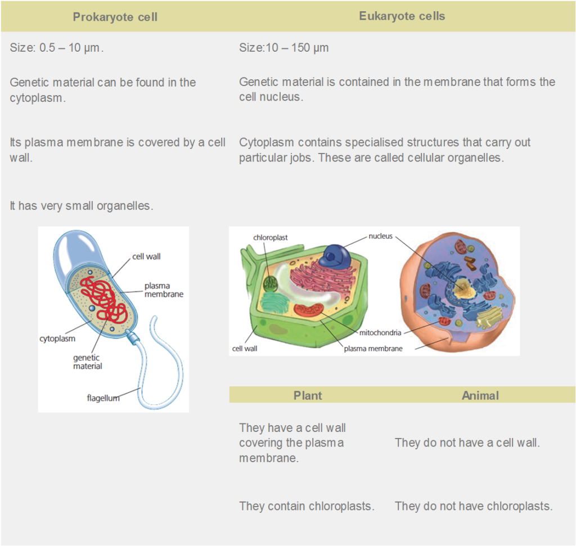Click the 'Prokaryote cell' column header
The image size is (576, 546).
[115, 17]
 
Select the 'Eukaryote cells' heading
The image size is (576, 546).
[402, 16]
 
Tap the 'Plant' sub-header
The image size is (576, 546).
[308, 395]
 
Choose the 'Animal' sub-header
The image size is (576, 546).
[480, 395]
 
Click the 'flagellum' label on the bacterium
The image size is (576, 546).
[103, 398]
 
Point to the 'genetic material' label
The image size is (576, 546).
[87, 362]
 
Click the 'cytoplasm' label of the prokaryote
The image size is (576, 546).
[57, 339]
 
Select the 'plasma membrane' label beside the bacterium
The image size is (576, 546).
[164, 290]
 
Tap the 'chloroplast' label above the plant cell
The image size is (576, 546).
[271, 237]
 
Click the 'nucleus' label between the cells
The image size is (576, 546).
[381, 236]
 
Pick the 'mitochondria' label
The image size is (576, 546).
[380, 333]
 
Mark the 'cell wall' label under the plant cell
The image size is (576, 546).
[245, 349]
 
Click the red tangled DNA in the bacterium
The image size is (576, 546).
[103, 299]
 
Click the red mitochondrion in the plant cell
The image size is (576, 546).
[309, 310]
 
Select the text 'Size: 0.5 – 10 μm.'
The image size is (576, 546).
[57, 48]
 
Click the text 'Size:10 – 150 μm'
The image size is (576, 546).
[284, 48]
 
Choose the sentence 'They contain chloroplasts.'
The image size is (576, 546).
[307, 506]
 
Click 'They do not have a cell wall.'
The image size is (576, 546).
[467, 443]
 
